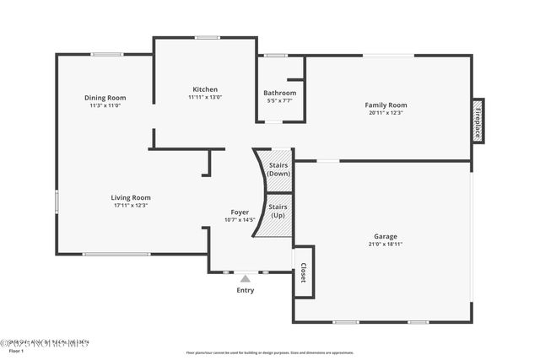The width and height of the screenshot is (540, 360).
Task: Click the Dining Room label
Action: point(105,98)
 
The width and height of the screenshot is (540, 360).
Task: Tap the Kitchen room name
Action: point(205,89)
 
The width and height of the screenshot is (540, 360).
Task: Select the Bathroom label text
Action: point(279,93)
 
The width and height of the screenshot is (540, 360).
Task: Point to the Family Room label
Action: point(386,105)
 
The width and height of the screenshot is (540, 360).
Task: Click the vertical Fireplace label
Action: point(478,121)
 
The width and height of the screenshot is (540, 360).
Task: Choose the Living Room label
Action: point(131,198)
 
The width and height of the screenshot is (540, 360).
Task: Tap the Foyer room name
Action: point(240,212)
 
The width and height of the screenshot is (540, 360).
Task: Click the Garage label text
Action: point(386,237)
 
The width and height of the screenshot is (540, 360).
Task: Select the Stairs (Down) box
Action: point(278,169)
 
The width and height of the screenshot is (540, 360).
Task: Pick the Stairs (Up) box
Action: point(278,211)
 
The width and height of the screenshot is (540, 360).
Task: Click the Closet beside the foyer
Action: point(303,272)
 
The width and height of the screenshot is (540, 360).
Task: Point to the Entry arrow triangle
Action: point(245,278)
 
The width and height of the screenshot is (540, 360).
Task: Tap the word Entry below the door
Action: point(245,291)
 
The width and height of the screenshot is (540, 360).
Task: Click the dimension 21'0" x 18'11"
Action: point(386,244)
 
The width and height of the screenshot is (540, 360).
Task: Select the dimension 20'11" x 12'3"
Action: point(386,113)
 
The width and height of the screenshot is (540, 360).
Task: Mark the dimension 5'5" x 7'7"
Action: point(279,100)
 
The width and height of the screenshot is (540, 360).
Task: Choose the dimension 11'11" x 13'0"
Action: point(205,97)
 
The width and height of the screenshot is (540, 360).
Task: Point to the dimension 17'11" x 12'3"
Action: point(131,206)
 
